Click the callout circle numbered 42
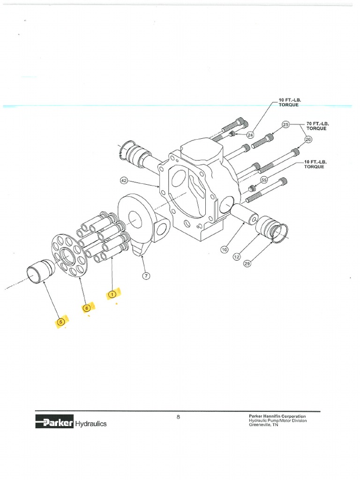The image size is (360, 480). point(124,180)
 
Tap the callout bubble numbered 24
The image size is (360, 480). point(250,135)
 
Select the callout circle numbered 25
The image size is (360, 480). point(285,124)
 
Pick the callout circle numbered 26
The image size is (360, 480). point(308,139)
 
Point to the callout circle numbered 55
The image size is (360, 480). point(263,180)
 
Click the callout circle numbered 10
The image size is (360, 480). point(224,250)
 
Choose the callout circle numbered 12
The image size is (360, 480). point(236,256)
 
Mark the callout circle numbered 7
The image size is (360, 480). point(146,276)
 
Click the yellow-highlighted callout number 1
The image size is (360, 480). point(112,294)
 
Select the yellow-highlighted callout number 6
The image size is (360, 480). point(86,308)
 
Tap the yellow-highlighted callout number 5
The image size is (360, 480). point(60,322)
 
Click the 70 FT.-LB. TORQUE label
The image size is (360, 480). point(317,126)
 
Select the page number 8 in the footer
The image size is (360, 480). point(179,417)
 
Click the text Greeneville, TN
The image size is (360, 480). point(263,425)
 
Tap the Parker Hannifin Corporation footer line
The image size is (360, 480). point(277,416)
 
